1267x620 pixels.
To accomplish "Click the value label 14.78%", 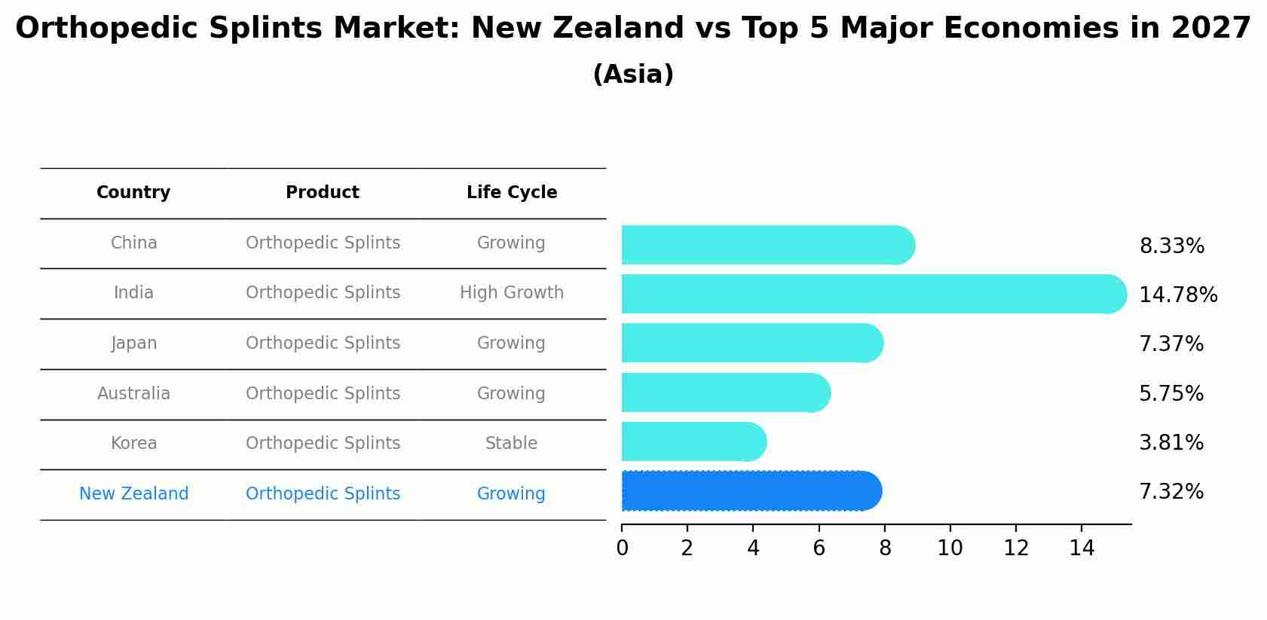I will tap(1177, 295).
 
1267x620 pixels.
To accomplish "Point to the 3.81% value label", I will tap(1171, 443).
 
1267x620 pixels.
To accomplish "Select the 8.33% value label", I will tap(1171, 246).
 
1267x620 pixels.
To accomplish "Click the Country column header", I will tap(133, 193).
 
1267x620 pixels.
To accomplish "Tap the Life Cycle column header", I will tap(511, 193).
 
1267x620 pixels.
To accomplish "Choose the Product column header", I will tap(323, 193).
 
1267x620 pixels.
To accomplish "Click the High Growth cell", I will tap(511, 293).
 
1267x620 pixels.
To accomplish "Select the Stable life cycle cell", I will tap(511, 444).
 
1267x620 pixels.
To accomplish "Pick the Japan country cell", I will tap(133, 344).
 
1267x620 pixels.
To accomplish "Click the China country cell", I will tap(133, 243).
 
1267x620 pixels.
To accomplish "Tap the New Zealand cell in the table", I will tap(133, 494).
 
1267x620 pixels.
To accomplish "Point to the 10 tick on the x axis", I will tap(950, 548).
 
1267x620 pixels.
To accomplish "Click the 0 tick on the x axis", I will tap(622, 548).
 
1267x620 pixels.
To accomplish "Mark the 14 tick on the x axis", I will tap(1082, 548).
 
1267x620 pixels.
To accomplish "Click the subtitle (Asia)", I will tap(633, 75).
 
